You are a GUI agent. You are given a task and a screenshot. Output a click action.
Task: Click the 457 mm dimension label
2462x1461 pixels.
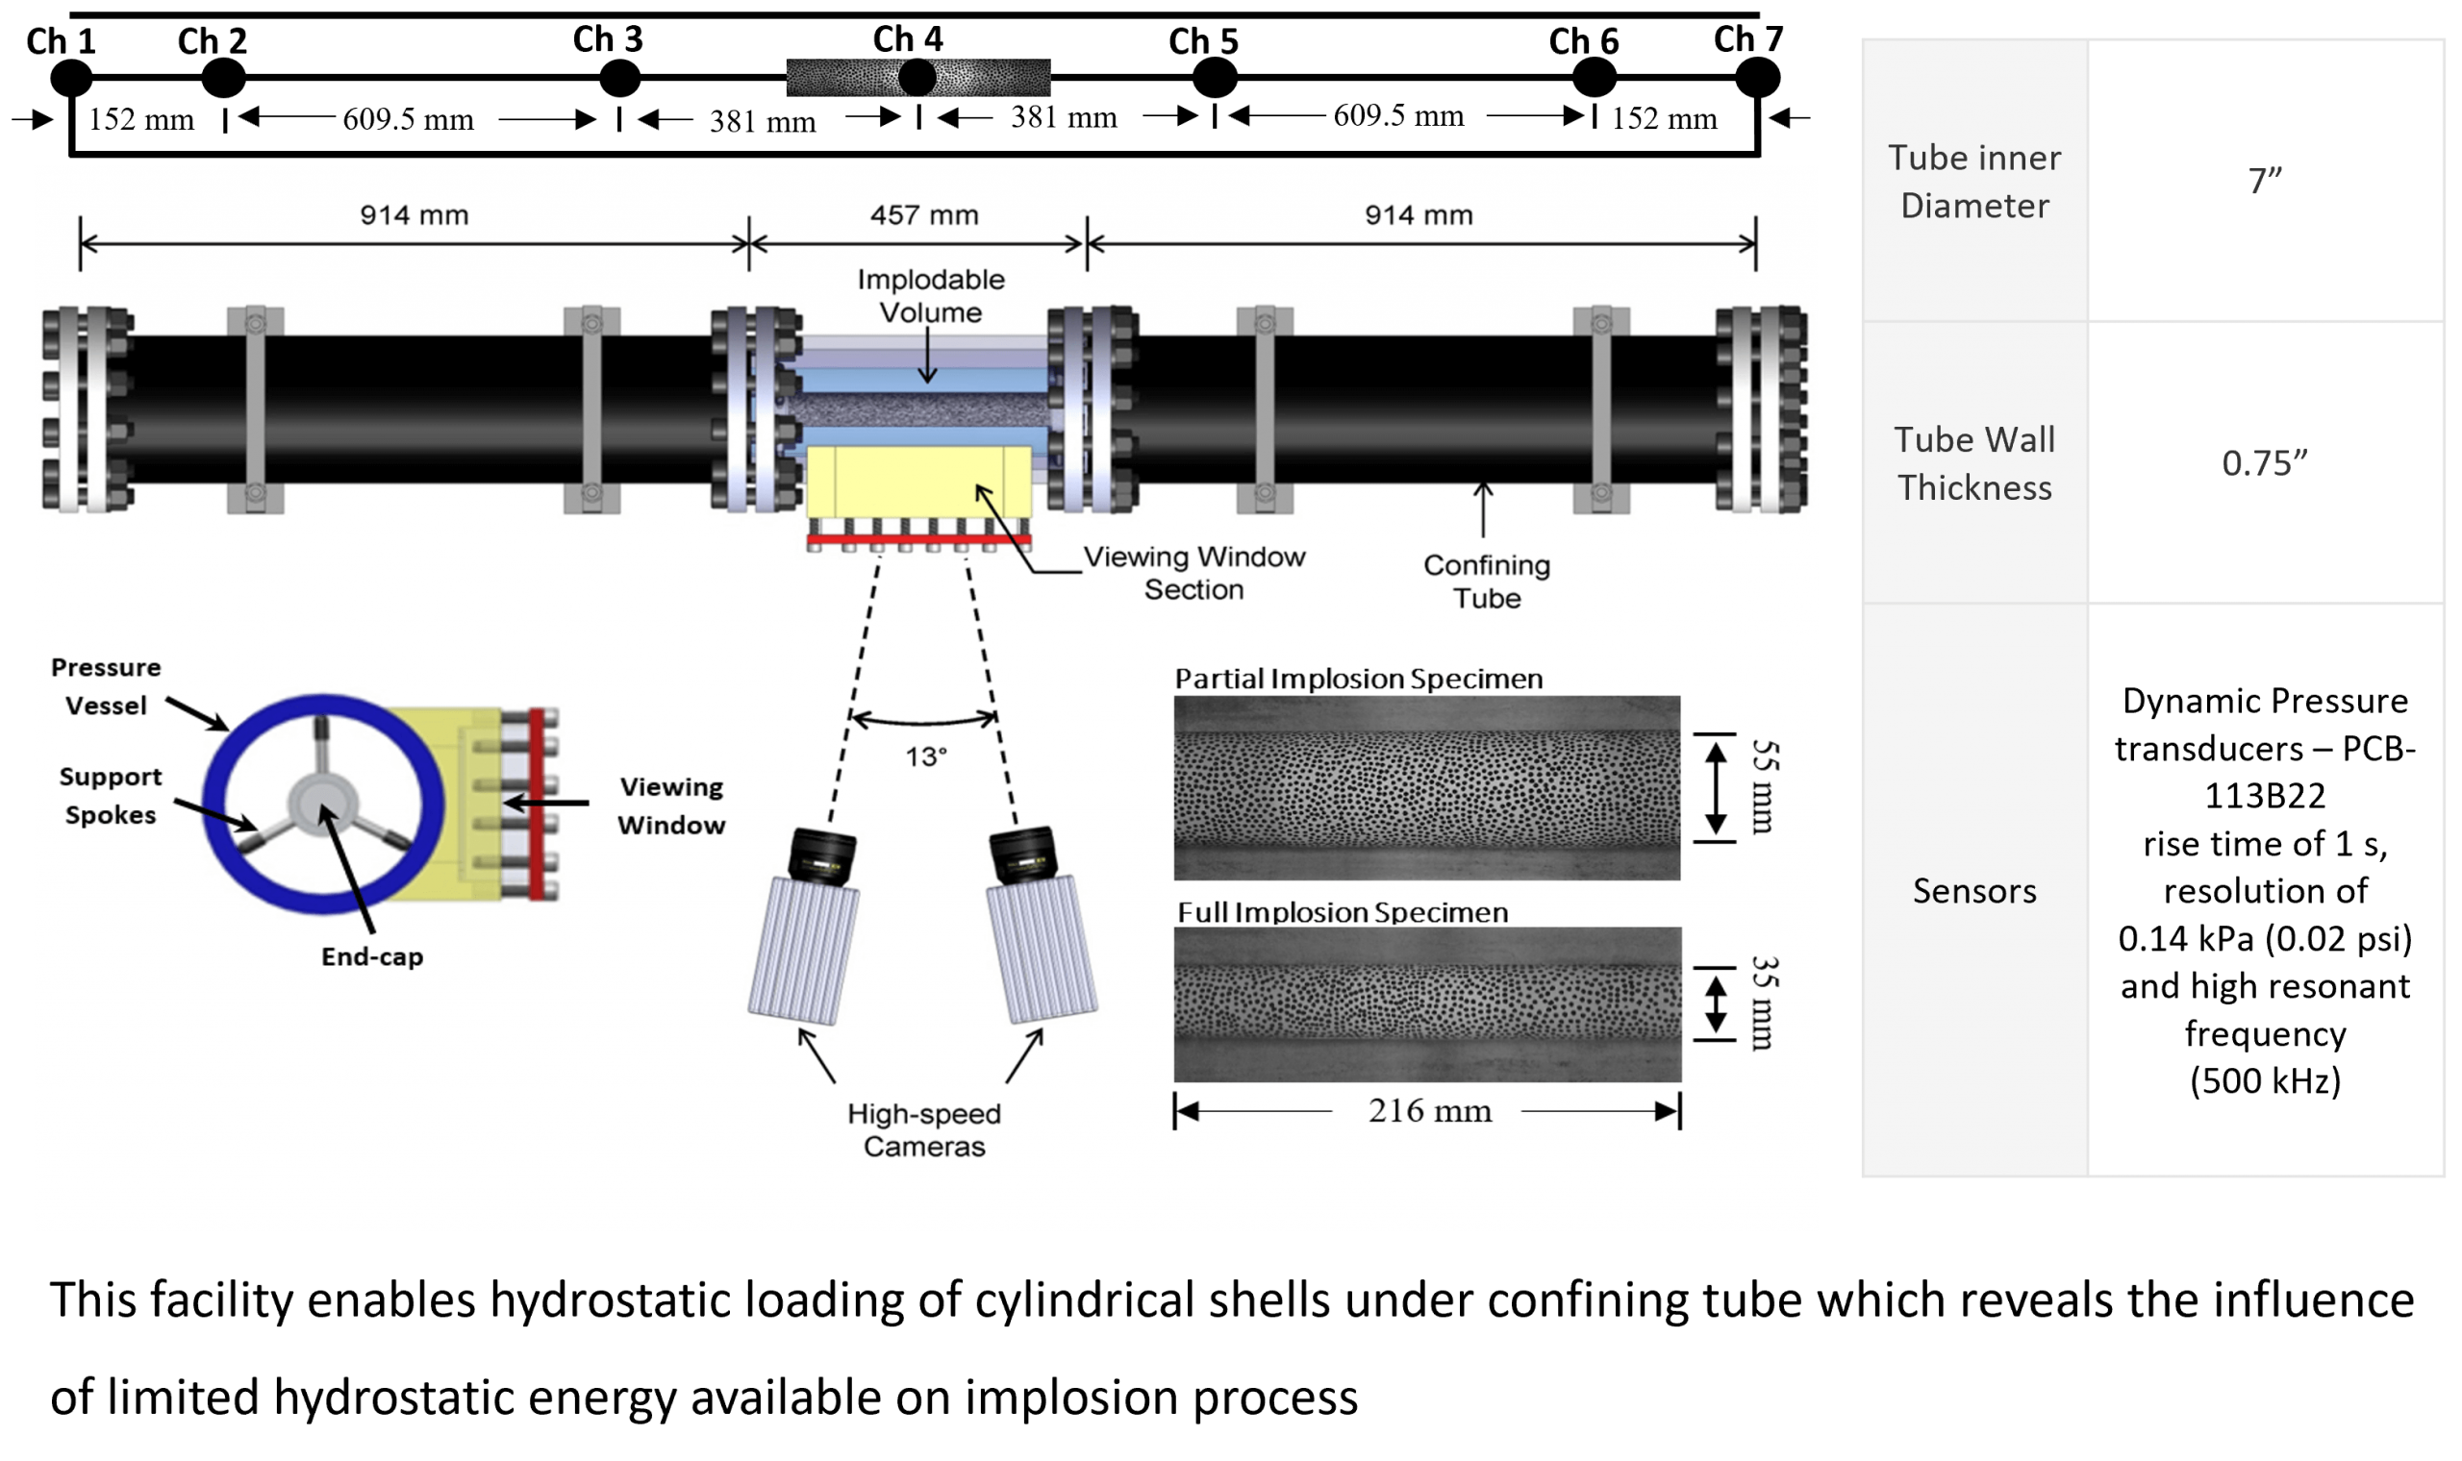[x=924, y=215]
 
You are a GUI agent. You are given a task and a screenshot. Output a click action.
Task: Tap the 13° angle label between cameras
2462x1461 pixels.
[x=926, y=757]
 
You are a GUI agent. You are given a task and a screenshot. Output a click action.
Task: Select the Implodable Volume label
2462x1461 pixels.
[x=931, y=295]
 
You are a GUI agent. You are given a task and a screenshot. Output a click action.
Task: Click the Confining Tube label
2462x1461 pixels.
[x=1486, y=581]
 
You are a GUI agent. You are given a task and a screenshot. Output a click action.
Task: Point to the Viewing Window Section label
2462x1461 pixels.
[x=1193, y=573]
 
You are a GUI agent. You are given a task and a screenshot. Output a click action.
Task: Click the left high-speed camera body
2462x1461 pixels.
[x=804, y=950]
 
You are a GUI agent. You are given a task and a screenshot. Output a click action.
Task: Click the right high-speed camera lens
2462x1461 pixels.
[x=1023, y=854]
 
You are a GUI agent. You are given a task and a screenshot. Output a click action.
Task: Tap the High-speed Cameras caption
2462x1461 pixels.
[x=924, y=1129]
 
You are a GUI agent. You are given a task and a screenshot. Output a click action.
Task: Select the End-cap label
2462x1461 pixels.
[x=372, y=957]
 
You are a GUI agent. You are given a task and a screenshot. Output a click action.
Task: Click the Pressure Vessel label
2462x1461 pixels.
[x=106, y=686]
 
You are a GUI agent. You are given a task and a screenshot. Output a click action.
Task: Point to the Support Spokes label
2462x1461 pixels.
[x=110, y=796]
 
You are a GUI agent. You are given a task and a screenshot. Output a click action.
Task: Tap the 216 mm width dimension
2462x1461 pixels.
[x=1429, y=1110]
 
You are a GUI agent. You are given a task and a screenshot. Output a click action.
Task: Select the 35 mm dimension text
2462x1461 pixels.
[x=1763, y=1003]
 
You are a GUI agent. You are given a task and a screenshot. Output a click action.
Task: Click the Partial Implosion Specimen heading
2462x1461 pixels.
[x=1358, y=679]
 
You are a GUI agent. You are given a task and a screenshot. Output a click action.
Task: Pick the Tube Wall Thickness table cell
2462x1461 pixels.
[x=1974, y=462]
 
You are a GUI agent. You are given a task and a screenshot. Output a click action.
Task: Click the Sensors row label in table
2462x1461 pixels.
[x=1974, y=890]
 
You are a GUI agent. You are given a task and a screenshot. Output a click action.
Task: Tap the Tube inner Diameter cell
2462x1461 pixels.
[x=1974, y=181]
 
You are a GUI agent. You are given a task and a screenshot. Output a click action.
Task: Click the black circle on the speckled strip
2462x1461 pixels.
[x=917, y=78]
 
